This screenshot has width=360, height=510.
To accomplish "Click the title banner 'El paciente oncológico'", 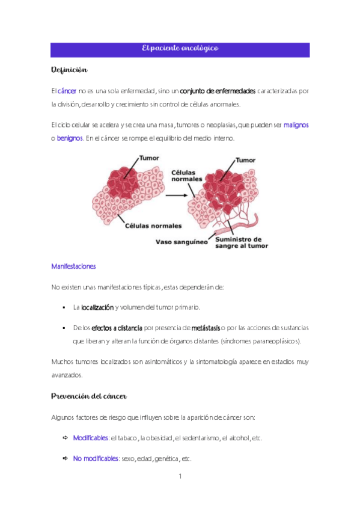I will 180,48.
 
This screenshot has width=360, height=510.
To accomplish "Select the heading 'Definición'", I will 70,70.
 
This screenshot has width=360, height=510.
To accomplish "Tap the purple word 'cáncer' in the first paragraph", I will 67,91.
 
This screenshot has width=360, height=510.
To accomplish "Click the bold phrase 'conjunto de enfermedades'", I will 218,91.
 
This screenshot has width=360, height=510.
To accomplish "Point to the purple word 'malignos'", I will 296,125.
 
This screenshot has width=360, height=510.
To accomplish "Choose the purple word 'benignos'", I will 70,138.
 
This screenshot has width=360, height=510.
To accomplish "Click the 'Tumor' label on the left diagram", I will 149,159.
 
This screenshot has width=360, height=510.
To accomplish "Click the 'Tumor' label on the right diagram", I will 245,161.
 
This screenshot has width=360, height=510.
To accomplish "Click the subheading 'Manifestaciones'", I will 73,266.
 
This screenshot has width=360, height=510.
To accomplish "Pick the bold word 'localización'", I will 97,307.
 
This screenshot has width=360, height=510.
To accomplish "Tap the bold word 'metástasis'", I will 206,328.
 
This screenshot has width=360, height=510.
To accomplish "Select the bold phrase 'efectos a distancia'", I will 117,328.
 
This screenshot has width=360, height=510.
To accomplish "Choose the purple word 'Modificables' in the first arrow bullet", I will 90,437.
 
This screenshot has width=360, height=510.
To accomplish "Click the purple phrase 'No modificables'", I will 96,458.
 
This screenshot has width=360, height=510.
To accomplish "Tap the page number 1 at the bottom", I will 180,477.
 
